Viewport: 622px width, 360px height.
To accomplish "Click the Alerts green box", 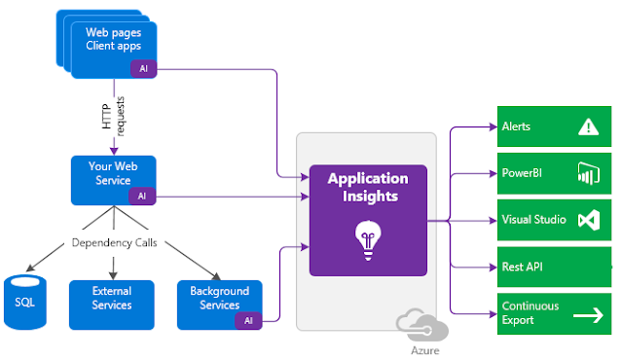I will click(555, 126).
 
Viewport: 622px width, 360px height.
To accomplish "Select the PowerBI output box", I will click(555, 173).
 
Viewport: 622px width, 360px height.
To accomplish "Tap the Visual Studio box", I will click(555, 220).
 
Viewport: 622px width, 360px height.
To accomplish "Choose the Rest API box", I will click(555, 267).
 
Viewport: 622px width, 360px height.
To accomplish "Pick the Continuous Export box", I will click(555, 313).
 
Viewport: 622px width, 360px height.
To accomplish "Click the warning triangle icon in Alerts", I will click(588, 126).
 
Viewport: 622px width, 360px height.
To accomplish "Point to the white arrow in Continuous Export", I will click(588, 314).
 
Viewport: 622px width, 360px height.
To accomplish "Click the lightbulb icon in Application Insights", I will click(367, 236).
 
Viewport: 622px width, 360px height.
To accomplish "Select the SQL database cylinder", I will click(24, 302).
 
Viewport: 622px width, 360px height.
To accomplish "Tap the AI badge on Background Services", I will click(249, 319).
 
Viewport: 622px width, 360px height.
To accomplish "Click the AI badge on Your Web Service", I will click(142, 196).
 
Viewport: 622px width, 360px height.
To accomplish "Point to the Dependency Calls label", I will click(112, 242).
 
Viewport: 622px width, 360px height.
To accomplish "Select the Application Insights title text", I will click(367, 187).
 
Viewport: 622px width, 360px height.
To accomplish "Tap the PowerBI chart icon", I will click(588, 173).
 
